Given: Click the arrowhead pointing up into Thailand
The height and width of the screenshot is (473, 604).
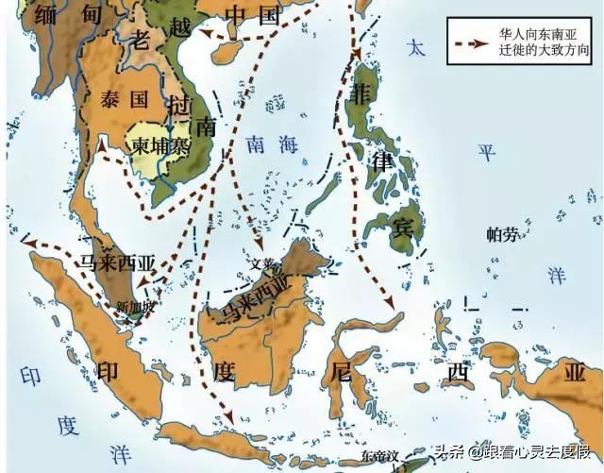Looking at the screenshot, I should pyautogui.click(x=102, y=144).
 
